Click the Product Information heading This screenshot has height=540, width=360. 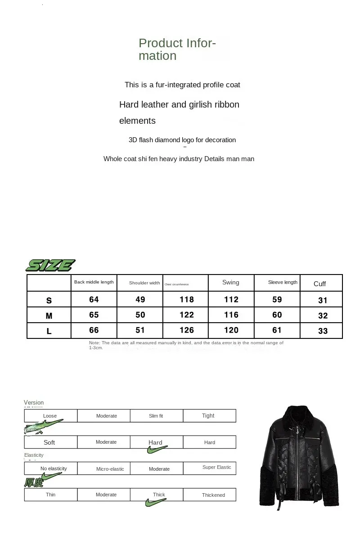point(177,49)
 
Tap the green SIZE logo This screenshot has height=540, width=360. point(50,265)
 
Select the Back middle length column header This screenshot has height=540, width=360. point(94,282)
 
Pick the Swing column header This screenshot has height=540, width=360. point(231,283)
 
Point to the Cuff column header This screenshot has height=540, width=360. point(319,284)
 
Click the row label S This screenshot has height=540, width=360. point(49,300)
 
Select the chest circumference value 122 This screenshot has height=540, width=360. point(186,315)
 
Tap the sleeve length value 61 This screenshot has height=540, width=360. point(277,330)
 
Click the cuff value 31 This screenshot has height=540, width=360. point(323,301)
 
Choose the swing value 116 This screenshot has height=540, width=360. point(231,315)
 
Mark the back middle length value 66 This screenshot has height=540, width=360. point(94,330)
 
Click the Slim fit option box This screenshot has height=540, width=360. point(156,416)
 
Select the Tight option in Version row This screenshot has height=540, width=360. point(208,416)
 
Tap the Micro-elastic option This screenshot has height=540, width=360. point(110,469)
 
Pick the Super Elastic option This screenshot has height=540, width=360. point(216,468)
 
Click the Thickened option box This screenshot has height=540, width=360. point(213,495)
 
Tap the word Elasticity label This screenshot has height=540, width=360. point(34,455)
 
